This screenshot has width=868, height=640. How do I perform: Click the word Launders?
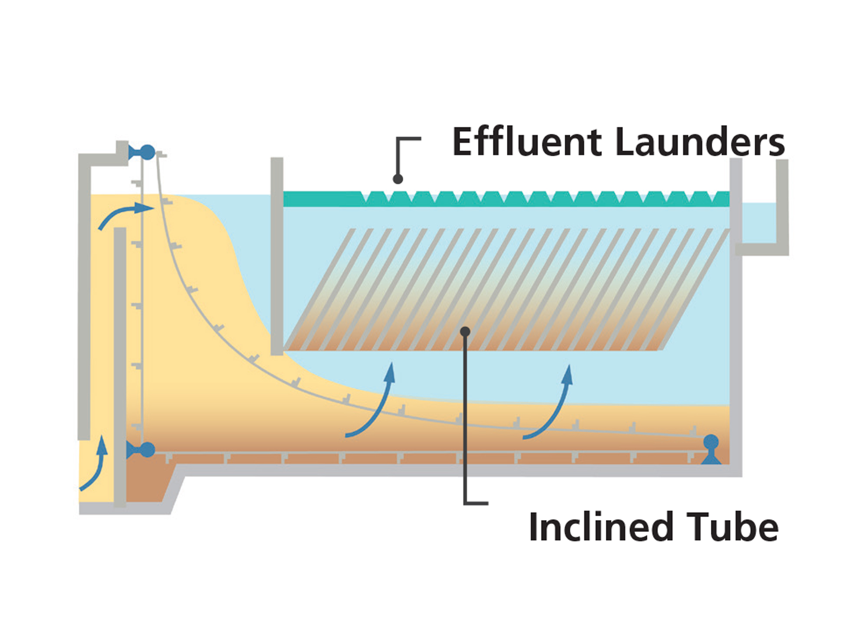[700, 142]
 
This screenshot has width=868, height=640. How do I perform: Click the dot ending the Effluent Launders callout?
[398, 179]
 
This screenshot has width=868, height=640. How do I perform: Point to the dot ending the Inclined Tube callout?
[465, 332]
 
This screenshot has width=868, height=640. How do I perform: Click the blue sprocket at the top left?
[147, 152]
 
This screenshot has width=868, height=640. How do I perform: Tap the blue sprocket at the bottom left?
[147, 450]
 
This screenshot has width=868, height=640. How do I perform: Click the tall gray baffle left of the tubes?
[277, 256]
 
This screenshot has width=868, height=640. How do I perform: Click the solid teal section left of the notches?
[321, 199]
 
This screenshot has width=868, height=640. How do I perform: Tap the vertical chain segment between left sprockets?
[142, 304]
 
